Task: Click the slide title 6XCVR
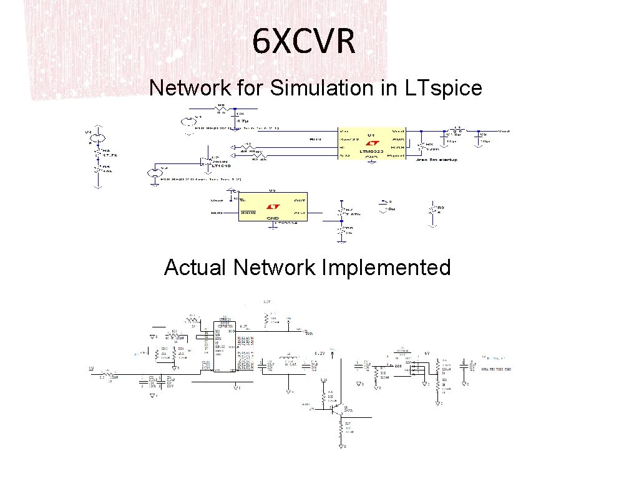(304, 42)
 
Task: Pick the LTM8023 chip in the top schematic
(371, 143)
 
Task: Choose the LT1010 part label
(220, 166)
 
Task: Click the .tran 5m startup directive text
(436, 160)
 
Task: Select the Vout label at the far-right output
(504, 132)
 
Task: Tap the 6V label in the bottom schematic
(427, 354)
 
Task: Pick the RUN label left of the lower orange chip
(217, 212)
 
